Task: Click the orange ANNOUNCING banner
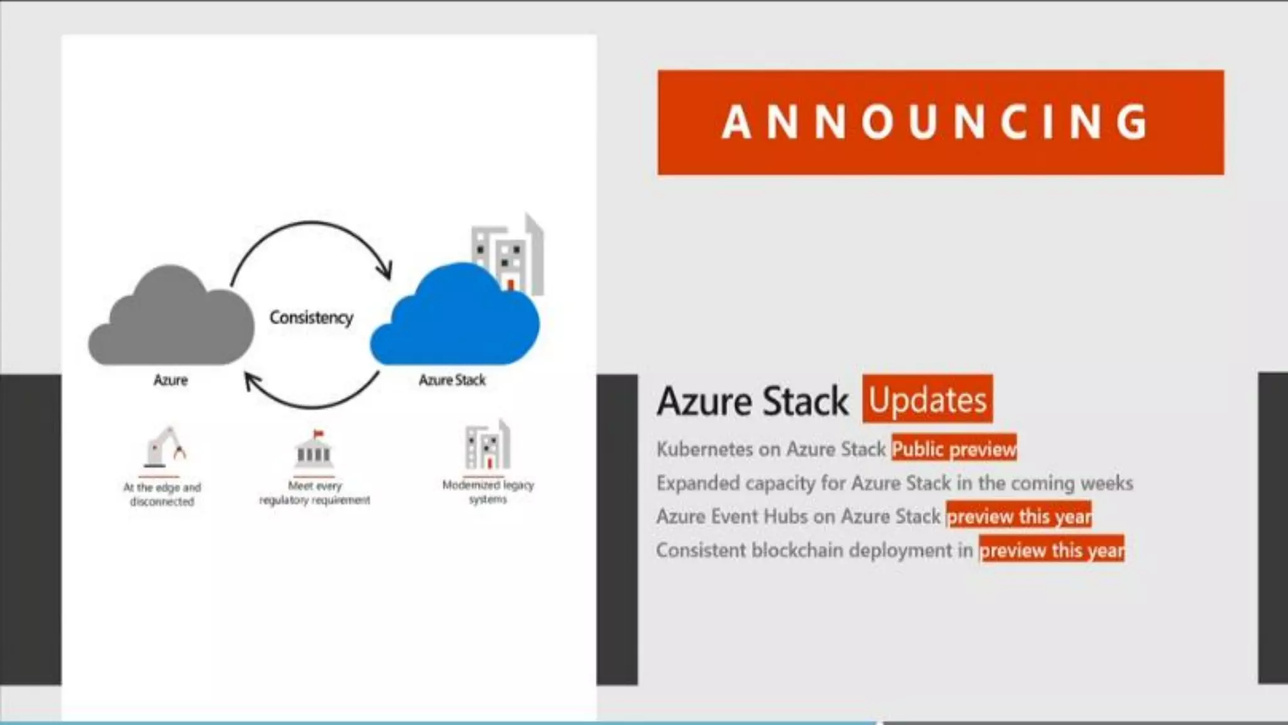coord(940,122)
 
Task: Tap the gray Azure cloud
coord(171,321)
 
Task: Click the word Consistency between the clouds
coord(311,317)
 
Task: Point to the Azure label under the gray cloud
coord(170,380)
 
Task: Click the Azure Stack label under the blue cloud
coord(452,380)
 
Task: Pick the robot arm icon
coord(164,448)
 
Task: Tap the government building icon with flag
coord(314,449)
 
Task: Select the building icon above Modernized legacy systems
coord(487,446)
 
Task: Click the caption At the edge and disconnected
coord(162,494)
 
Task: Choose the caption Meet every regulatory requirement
coord(314,493)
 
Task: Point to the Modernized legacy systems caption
coord(488,492)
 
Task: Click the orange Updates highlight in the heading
coord(928,400)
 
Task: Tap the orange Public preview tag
coord(954,449)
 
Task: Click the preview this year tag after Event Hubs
coord(1019,517)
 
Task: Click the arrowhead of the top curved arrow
coord(385,271)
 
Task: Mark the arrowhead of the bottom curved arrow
coord(252,381)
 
